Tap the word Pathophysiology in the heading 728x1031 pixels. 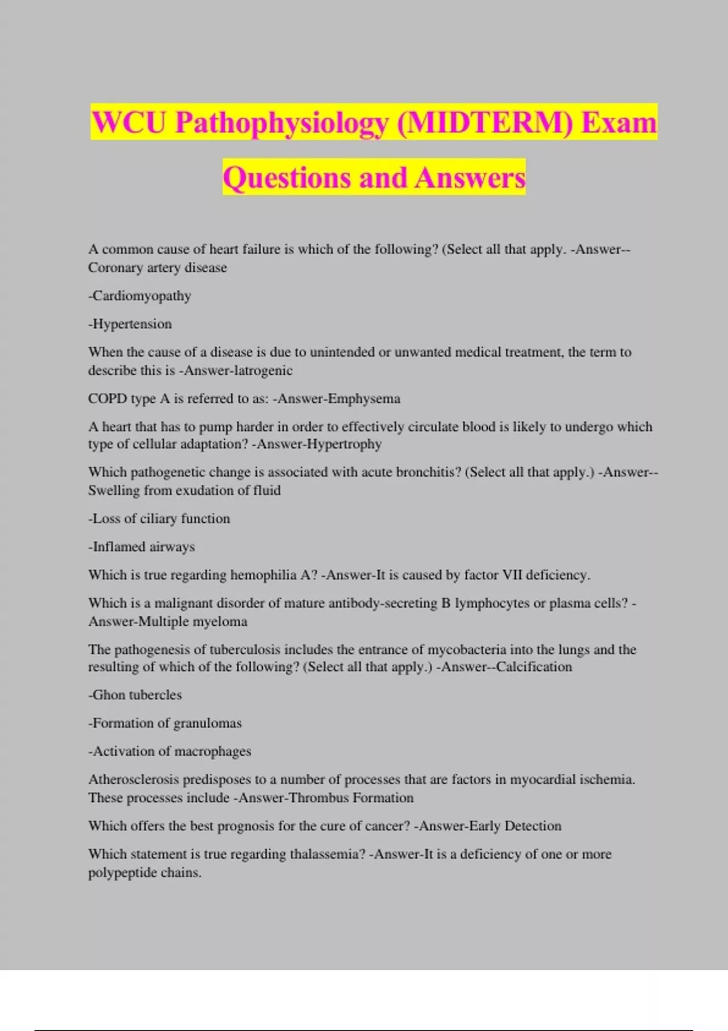coord(282,123)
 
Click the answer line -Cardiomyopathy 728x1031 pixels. coord(140,296)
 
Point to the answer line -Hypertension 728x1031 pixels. coord(130,324)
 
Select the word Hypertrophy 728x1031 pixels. coord(344,444)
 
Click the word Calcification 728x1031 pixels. coord(534,667)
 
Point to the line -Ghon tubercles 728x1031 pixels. coord(135,695)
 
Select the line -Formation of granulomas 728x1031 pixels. coord(164,723)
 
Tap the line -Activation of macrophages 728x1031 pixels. coord(169,751)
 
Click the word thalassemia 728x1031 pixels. coord(328,854)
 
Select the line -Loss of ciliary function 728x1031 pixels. coord(159,519)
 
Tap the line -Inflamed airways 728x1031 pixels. coord(141,547)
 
